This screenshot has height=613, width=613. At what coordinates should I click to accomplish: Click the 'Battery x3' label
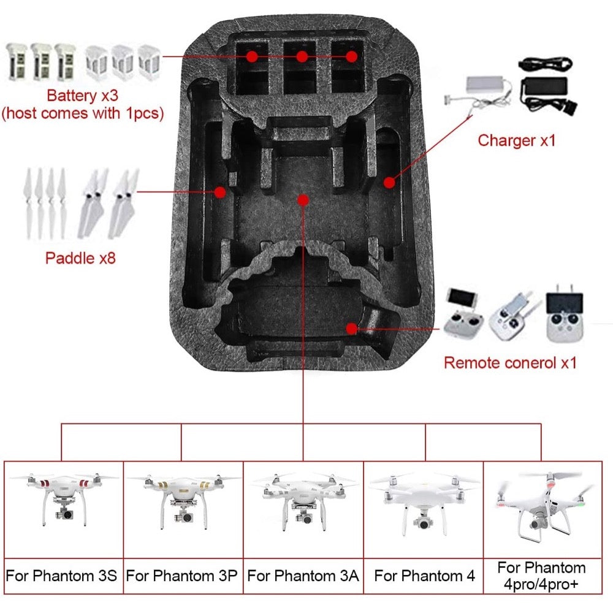[x=83, y=96]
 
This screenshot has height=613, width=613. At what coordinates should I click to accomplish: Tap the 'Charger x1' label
[x=516, y=140]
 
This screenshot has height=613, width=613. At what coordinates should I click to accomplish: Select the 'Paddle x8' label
[x=80, y=258]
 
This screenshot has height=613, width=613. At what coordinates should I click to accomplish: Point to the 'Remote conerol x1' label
[x=510, y=363]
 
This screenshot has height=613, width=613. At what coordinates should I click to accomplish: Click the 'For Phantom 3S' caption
[x=61, y=576]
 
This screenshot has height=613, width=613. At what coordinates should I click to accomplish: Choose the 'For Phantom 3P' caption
[x=182, y=576]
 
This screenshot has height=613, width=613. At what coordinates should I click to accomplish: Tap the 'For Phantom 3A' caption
[x=303, y=576]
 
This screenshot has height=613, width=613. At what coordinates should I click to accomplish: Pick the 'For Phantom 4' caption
[x=425, y=576]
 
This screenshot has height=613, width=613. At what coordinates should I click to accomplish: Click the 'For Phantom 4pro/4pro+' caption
[x=541, y=576]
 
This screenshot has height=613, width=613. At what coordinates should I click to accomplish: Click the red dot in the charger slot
[x=389, y=182]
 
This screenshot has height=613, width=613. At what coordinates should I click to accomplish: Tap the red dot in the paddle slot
[x=220, y=192]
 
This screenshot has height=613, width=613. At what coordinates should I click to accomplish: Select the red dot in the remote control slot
[x=352, y=329]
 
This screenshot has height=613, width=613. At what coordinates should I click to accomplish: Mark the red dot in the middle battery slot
[x=302, y=57]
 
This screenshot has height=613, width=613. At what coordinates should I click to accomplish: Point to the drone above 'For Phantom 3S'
[x=63, y=499]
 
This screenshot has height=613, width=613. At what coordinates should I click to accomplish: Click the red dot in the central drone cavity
[x=303, y=200]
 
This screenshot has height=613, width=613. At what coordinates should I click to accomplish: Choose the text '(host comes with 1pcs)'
[x=83, y=113]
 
